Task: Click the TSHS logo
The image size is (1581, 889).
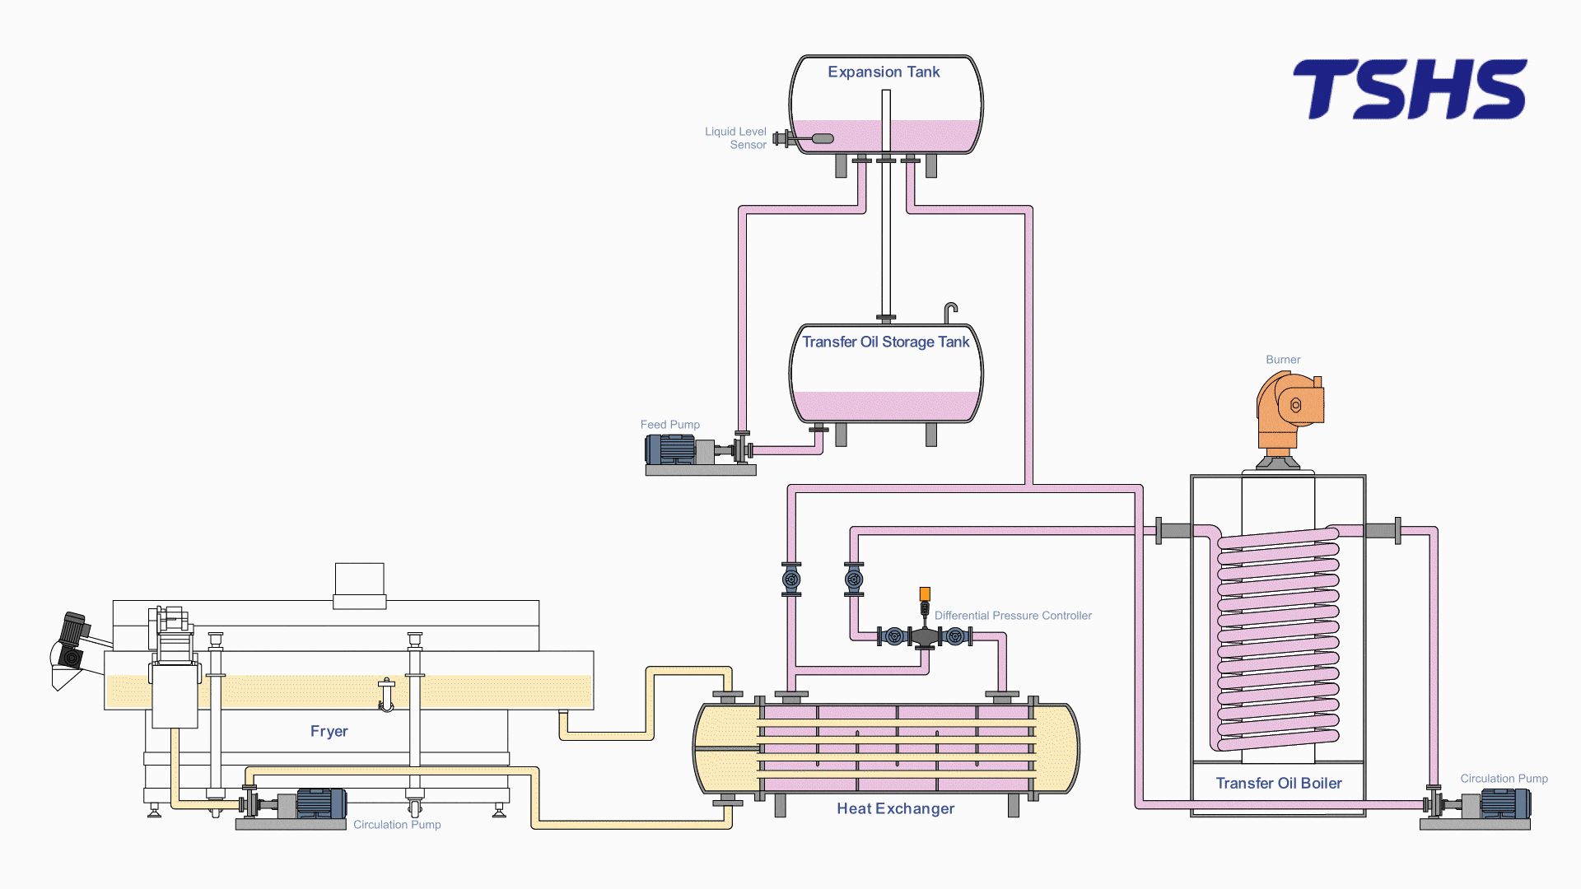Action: [x=1410, y=89]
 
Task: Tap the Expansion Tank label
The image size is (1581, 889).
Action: [x=884, y=72]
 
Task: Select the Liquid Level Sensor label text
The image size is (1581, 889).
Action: [x=735, y=138]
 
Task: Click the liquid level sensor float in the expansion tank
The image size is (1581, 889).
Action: [x=823, y=138]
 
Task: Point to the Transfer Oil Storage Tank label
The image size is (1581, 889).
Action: [x=886, y=342]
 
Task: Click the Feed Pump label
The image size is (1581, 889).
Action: [x=669, y=425]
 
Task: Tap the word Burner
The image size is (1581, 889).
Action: [x=1283, y=360]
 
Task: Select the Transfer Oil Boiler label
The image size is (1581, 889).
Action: [x=1279, y=784]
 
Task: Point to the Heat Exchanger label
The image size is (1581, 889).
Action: [x=896, y=809]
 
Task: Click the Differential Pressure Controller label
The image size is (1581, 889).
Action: [x=1013, y=616]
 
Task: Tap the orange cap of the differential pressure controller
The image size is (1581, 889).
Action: [x=925, y=593]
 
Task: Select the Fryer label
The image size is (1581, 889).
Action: [x=329, y=732]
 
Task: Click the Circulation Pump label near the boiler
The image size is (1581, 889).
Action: [x=1504, y=779]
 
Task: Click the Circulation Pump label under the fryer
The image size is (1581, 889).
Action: [x=397, y=825]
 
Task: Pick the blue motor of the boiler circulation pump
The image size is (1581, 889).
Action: [x=1505, y=804]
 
